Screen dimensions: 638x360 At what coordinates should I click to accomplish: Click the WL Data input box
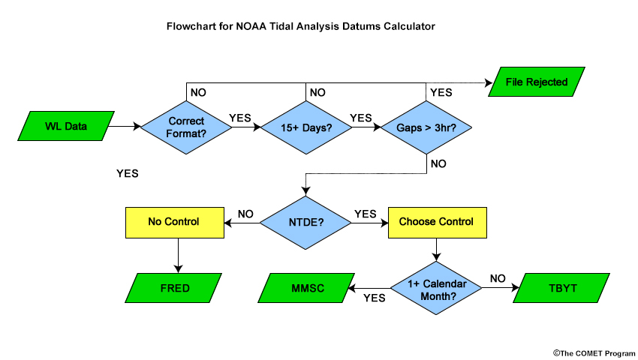66,126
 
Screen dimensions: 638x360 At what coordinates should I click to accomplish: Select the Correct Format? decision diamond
186,127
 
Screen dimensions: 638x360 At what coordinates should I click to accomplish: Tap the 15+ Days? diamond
306,127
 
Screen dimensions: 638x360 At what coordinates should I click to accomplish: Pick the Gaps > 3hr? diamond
426,127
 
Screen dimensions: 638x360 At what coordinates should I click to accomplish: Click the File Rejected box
536,82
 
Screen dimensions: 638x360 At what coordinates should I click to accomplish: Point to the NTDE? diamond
305,223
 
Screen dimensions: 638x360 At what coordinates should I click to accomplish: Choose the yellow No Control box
175,223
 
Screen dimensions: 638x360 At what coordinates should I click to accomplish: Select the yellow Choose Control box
438,223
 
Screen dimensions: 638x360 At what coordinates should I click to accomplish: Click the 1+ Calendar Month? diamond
436,288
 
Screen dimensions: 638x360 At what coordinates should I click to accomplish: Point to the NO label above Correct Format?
198,93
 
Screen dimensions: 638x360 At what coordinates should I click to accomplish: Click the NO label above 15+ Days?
317,93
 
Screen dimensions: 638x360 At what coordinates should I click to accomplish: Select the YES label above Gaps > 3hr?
441,93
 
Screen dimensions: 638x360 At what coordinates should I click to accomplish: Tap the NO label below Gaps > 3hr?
438,164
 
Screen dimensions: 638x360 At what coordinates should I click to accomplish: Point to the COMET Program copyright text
594,353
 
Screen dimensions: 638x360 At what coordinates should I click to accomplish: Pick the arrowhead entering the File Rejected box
489,83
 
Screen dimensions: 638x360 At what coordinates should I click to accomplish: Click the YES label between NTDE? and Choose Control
365,214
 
